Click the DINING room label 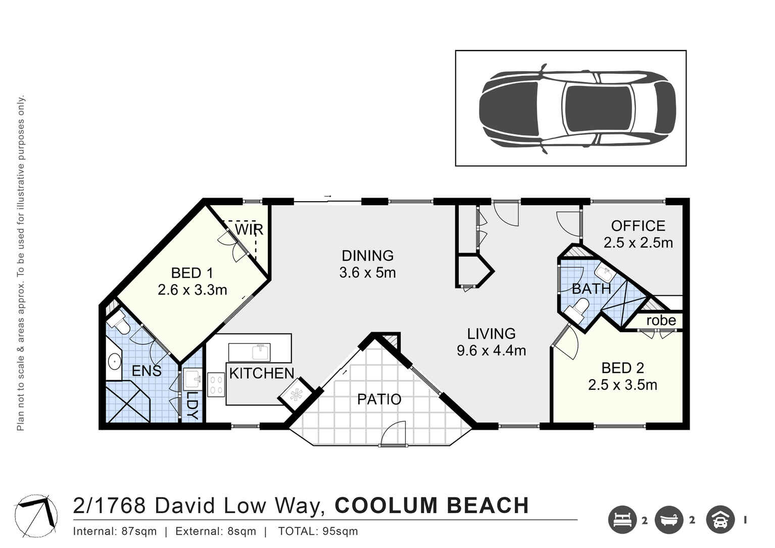(367, 256)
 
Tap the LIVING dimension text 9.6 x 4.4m (491, 350)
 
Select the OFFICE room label (638, 226)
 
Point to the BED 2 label (622, 368)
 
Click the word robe (661, 321)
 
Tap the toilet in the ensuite (119, 322)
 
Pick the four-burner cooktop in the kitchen (216, 385)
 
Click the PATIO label (379, 399)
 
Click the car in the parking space (577, 108)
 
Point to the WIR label (249, 230)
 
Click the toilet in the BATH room (579, 308)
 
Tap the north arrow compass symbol (35, 516)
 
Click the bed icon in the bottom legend (622, 520)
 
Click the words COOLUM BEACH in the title (431, 506)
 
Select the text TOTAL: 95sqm (318, 531)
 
